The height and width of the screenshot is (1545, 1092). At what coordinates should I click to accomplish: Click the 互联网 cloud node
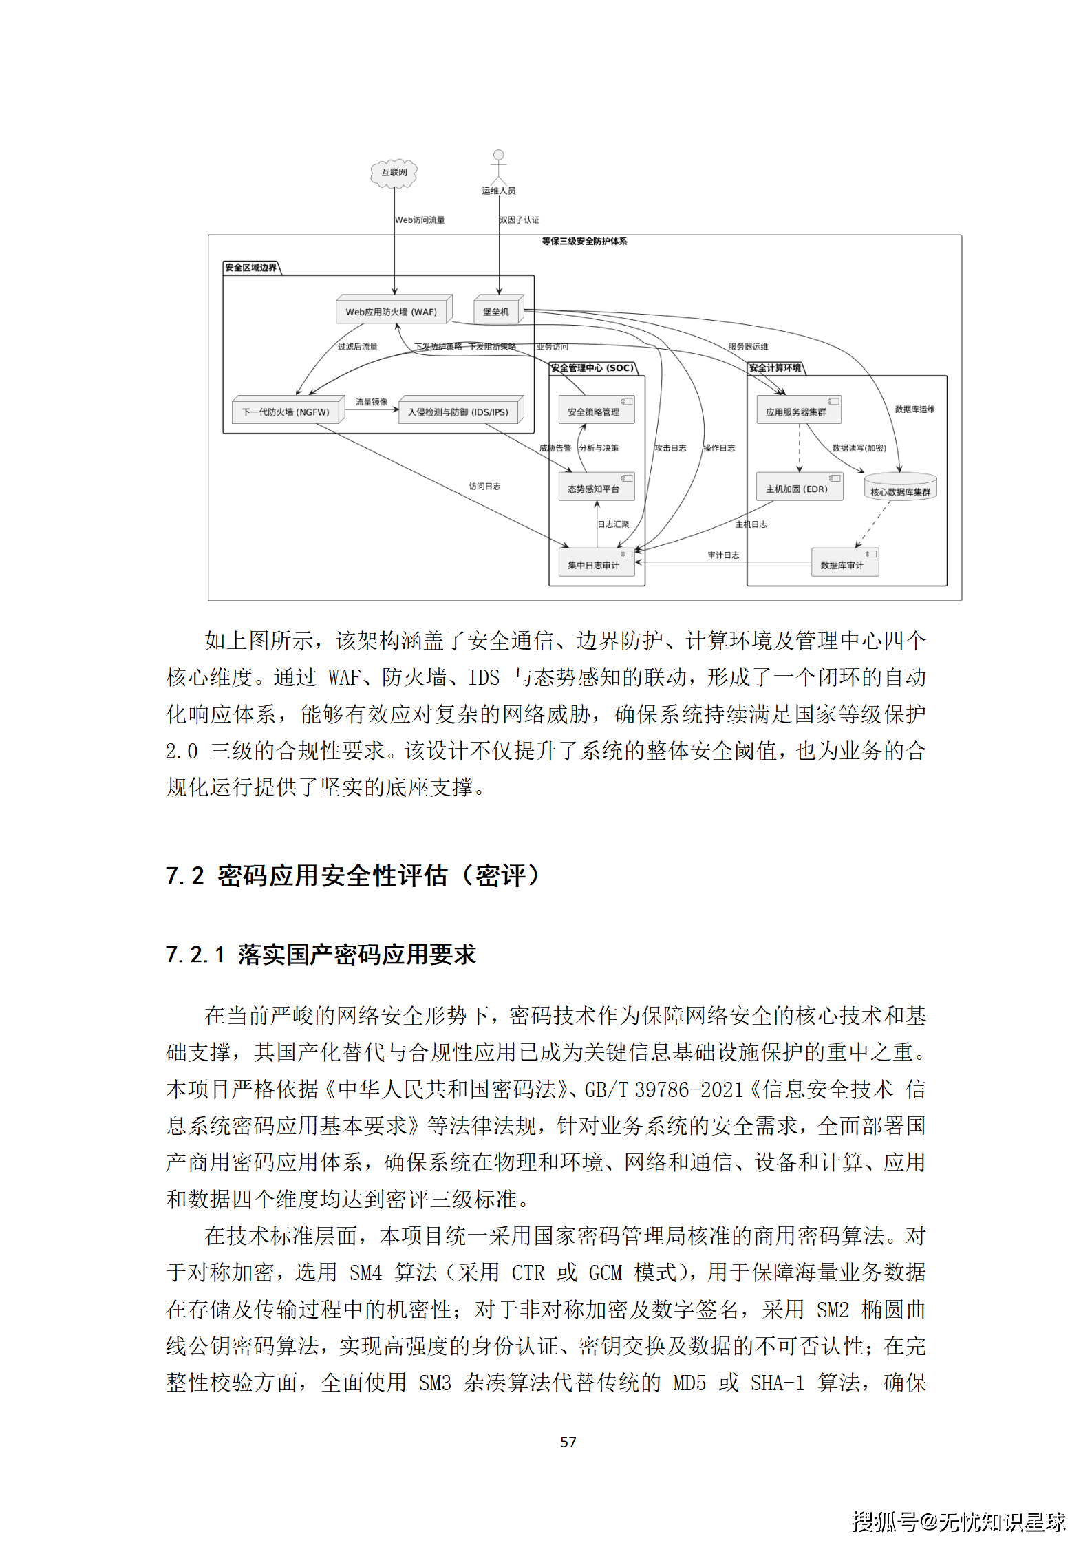[x=394, y=172]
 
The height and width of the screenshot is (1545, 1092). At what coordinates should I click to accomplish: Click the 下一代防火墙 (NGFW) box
[x=288, y=412]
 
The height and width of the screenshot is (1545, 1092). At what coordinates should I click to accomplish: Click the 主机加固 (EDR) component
[x=798, y=488]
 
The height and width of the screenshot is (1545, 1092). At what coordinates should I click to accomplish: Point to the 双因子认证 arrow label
[x=520, y=220]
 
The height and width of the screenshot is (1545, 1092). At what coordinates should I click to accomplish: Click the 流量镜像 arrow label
[x=372, y=402]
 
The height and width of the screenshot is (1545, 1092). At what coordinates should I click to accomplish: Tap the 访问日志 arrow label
[x=485, y=487]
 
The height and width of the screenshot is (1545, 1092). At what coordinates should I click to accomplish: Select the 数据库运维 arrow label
[x=914, y=409]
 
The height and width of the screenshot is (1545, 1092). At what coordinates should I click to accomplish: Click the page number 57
[x=568, y=1442]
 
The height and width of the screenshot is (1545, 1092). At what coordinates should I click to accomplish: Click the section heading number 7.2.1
[x=195, y=955]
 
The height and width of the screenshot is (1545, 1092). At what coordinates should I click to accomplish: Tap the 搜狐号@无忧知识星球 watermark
[x=958, y=1521]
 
